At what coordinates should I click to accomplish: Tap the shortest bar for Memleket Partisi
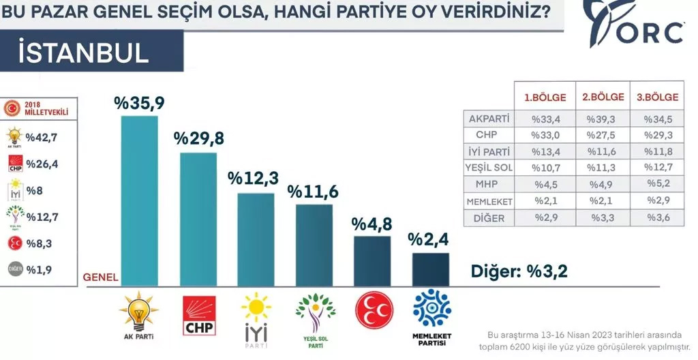point(431,269)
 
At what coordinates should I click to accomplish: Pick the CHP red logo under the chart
point(200,315)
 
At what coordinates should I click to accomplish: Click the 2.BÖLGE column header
point(603,97)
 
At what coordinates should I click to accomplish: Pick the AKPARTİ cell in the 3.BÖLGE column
point(657,118)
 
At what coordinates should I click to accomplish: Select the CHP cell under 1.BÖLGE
point(545,134)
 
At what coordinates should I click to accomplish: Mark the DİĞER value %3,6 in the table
point(657,219)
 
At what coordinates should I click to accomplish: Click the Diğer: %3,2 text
point(519,271)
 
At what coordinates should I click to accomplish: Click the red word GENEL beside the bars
point(100,277)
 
